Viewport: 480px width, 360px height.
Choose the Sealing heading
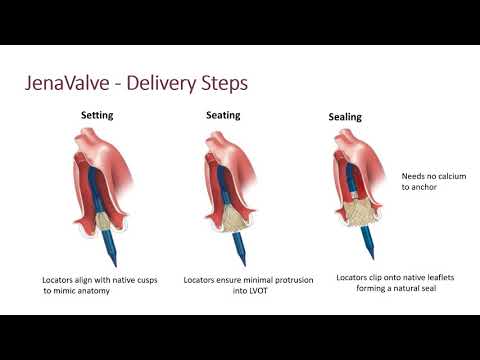pyautogui.click(x=345, y=117)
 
